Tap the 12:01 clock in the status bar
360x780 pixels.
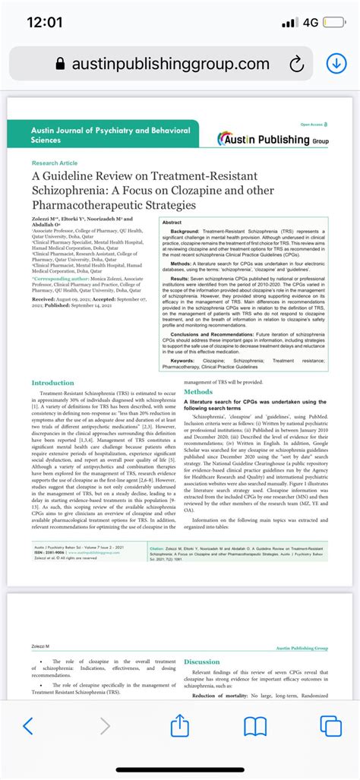44,22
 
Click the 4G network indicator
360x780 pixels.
310,22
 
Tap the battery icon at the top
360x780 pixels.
334,22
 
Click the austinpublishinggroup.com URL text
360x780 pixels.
170,65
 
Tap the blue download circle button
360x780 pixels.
336,64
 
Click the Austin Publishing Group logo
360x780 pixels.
273,139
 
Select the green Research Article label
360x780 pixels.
55,163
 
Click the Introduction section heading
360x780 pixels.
53,383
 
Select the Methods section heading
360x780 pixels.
198,392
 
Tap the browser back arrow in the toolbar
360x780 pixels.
28,726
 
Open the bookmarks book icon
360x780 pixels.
254,726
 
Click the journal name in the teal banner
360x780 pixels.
110,135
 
